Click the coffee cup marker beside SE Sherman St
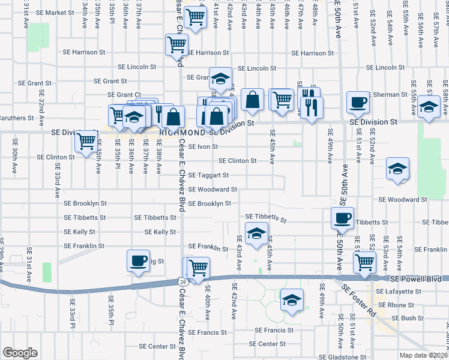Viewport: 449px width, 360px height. [358, 103]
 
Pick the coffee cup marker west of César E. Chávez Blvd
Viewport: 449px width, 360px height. [138, 261]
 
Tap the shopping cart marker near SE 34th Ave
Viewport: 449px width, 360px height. [86, 142]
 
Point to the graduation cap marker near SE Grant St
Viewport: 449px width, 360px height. [221, 78]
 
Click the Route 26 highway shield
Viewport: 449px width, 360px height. [182, 281]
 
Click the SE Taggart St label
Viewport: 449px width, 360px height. [208, 175]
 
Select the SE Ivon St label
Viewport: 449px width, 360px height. [202, 146]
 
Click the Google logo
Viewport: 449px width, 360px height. [20, 353]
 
